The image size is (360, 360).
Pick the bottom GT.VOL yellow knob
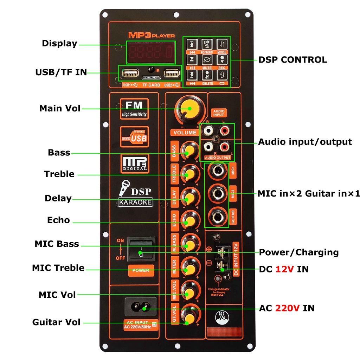click(189, 318)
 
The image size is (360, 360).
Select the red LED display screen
click(151, 52)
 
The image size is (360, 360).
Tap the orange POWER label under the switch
click(141, 270)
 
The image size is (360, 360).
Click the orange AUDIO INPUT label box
click(218, 113)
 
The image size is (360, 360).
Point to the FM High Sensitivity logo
click(134, 109)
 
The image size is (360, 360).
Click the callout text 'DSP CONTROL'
click(292, 60)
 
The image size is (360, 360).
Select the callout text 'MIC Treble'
click(58, 268)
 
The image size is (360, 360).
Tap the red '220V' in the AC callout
click(287, 308)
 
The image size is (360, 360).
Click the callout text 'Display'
click(59, 44)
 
